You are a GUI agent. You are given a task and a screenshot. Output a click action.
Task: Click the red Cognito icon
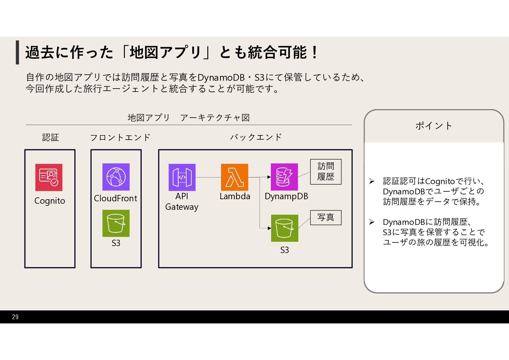click(x=49, y=177)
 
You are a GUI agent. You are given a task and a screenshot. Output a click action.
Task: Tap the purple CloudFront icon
click(x=116, y=177)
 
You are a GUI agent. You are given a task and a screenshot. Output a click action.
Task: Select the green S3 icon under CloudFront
click(x=116, y=223)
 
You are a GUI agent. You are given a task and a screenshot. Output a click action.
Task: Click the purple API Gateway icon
click(x=182, y=177)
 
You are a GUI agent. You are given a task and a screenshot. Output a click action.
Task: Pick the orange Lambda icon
click(x=235, y=177)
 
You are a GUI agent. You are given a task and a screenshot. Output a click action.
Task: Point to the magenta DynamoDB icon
click(x=284, y=177)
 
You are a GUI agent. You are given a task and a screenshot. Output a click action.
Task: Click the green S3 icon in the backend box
click(x=284, y=228)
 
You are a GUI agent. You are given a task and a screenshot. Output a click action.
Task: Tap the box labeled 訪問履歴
click(x=326, y=172)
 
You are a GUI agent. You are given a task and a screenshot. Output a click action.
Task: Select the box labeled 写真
click(x=326, y=218)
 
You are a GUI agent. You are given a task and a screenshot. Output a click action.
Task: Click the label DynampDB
click(x=286, y=196)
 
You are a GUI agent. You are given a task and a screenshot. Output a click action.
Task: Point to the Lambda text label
click(x=235, y=196)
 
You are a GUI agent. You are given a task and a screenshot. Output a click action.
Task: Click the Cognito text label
click(x=50, y=201)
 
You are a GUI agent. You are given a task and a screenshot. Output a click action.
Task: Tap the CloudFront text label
click(x=115, y=199)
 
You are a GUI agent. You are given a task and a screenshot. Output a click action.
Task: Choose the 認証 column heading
click(x=50, y=138)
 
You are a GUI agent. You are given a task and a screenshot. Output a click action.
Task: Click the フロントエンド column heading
click(x=120, y=138)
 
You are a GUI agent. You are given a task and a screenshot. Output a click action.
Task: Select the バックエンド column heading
click(x=256, y=137)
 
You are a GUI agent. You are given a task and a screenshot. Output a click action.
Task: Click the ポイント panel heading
click(x=434, y=126)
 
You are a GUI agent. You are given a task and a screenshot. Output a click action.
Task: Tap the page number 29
click(x=15, y=317)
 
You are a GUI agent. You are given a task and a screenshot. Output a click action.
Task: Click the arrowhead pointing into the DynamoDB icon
click(x=269, y=177)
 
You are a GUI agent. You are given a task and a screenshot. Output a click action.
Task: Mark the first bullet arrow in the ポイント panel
click(x=372, y=181)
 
